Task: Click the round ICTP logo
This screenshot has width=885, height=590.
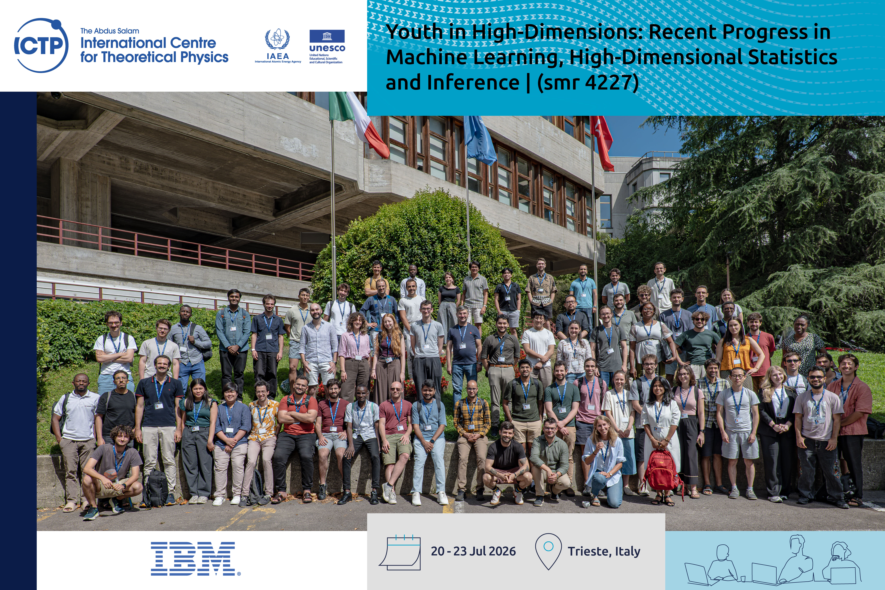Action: click(x=41, y=45)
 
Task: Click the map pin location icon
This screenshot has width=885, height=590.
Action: click(x=548, y=551)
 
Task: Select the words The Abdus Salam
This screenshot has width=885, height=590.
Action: click(x=109, y=31)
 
